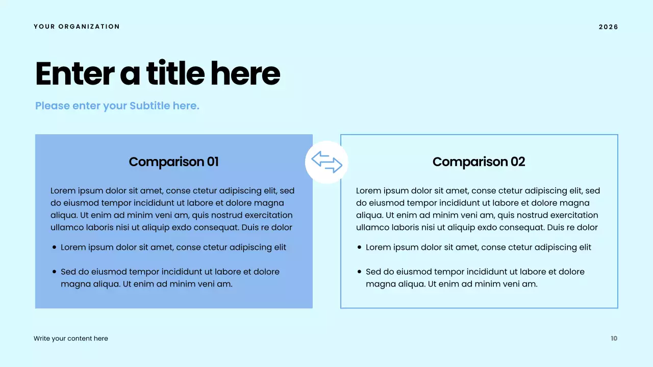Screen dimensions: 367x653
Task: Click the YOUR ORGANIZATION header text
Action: click(77, 27)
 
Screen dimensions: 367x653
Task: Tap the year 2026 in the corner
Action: click(608, 27)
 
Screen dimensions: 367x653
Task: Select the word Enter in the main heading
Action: click(74, 74)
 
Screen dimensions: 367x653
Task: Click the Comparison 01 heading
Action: click(173, 162)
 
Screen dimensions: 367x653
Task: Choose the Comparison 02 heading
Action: click(479, 162)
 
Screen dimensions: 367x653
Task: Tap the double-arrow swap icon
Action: click(326, 162)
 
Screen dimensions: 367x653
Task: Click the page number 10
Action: click(614, 338)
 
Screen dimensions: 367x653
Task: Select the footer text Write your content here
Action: click(71, 338)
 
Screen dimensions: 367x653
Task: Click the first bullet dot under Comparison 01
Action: click(54, 248)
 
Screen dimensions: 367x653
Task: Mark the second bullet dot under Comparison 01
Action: click(54, 272)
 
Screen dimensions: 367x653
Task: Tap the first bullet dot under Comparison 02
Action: click(359, 248)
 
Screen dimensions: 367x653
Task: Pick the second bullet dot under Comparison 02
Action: click(359, 272)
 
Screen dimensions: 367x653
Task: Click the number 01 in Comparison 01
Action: click(212, 162)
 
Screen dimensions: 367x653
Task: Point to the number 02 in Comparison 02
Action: click(517, 162)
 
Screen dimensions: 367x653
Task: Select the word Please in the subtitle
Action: click(53, 106)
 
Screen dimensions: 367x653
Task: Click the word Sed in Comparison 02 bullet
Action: click(373, 272)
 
